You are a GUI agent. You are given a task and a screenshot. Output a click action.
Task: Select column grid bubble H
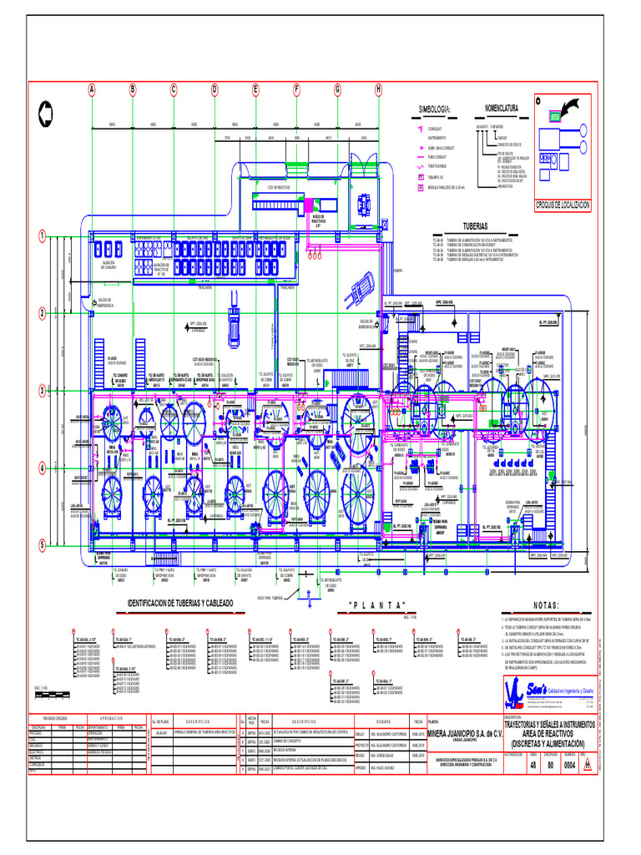[x=378, y=89]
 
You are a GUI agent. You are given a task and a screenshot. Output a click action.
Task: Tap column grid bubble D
[x=215, y=89]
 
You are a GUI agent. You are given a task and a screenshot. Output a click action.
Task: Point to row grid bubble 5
[x=41, y=544]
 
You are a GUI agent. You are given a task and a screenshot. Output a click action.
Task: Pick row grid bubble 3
[x=41, y=390]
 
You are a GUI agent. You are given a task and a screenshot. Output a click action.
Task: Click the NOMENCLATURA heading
[x=502, y=108]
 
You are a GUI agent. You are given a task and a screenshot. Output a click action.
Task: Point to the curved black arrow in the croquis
[x=574, y=109]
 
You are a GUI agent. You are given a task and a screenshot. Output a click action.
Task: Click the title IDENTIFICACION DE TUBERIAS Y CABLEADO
[x=179, y=602]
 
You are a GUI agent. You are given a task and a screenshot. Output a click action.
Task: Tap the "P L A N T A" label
[x=379, y=605]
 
